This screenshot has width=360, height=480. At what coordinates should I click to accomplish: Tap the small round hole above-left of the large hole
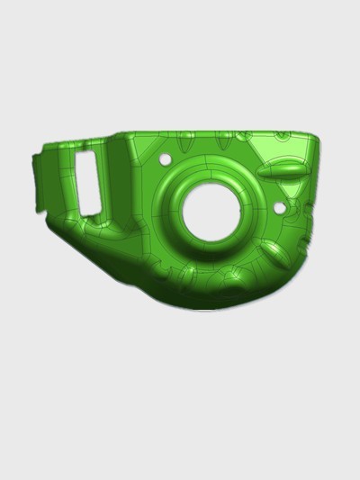[165, 158]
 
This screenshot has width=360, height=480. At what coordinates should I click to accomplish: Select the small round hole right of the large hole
[279, 209]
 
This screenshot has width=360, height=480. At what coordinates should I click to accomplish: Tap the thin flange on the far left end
[38, 184]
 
